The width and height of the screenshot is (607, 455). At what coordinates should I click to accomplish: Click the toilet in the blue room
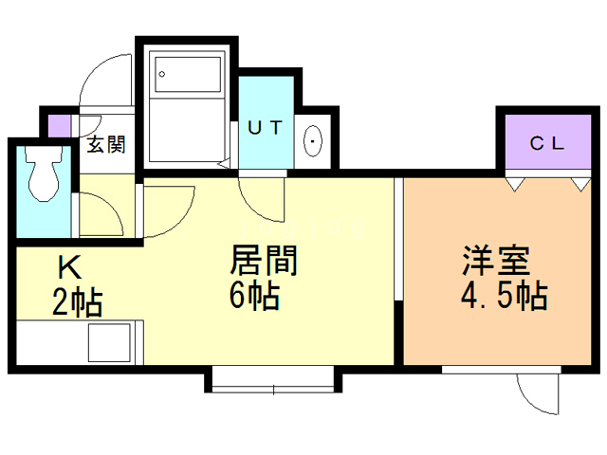click(x=44, y=173)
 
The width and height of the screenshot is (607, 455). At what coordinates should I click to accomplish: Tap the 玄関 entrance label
click(x=106, y=145)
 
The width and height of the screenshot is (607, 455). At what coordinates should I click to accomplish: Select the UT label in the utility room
click(x=266, y=127)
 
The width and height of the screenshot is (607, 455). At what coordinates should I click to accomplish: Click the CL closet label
click(x=547, y=143)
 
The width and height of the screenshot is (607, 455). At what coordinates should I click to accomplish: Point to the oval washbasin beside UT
click(x=313, y=141)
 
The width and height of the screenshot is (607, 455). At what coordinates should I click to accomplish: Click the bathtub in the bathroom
click(x=188, y=75)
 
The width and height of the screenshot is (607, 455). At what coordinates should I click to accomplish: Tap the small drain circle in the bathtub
click(x=162, y=74)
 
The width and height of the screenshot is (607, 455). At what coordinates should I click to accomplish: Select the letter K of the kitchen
click(x=70, y=267)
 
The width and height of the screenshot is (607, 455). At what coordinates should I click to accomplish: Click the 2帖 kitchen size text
click(x=78, y=302)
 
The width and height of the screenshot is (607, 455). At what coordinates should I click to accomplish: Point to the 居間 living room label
click(x=264, y=261)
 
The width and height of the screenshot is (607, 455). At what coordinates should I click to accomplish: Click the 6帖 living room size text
click(x=254, y=295)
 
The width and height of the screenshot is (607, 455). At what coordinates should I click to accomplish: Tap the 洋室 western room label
click(x=496, y=261)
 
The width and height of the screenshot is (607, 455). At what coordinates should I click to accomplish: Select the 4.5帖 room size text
click(x=504, y=296)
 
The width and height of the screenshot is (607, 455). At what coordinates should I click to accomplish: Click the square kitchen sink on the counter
click(x=110, y=343)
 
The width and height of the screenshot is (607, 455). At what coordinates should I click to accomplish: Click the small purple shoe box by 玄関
click(x=59, y=126)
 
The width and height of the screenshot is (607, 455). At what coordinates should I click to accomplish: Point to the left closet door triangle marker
click(x=515, y=185)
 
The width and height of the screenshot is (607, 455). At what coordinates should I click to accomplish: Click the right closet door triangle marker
click(x=581, y=185)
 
